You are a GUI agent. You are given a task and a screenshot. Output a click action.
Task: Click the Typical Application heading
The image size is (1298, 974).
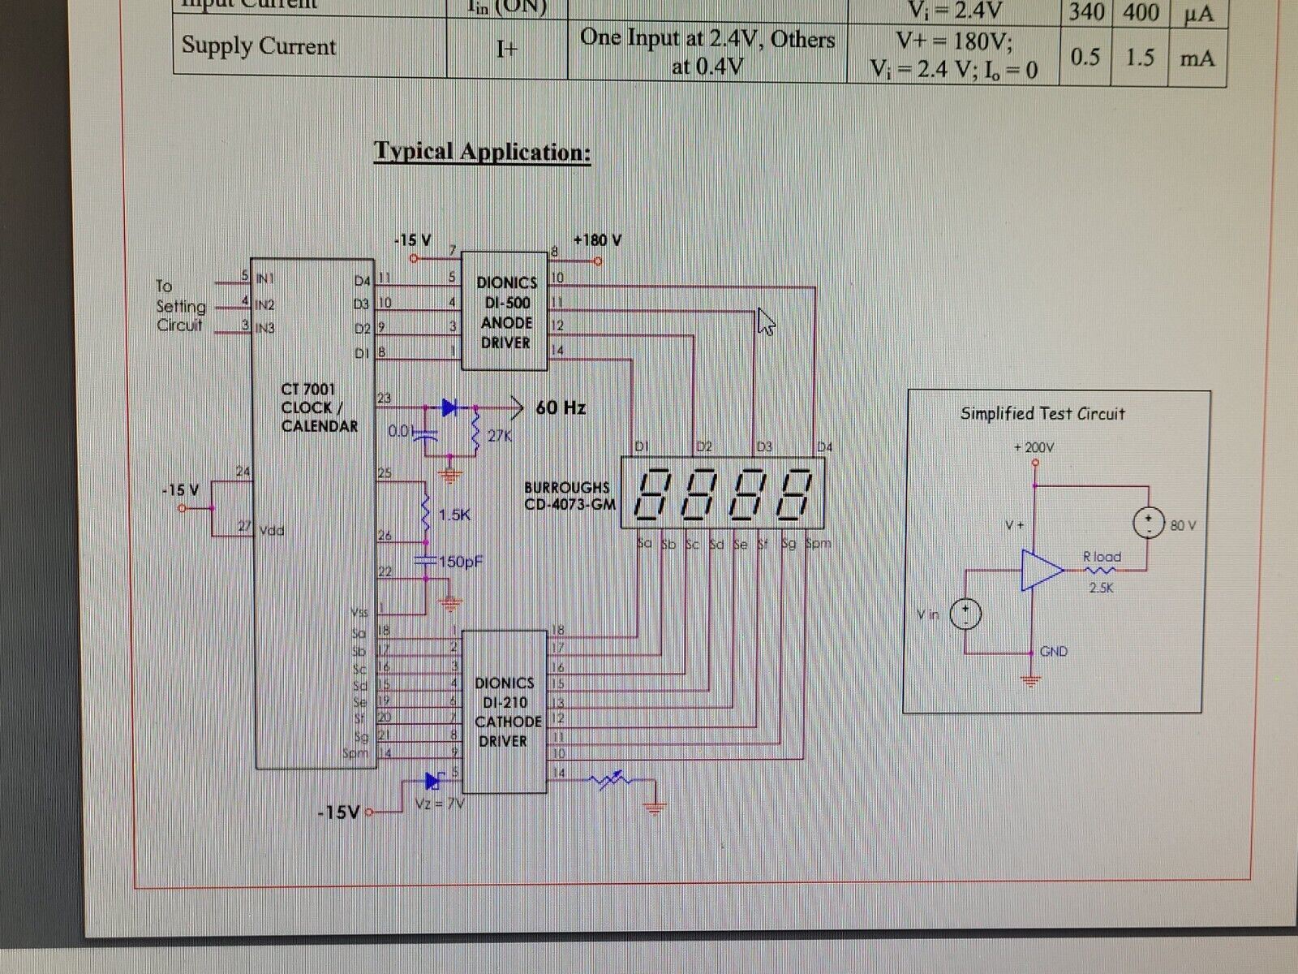[x=482, y=152]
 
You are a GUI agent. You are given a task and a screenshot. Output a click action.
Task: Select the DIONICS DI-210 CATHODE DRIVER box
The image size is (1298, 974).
[x=505, y=712]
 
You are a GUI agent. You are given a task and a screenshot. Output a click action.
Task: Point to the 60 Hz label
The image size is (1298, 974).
[x=561, y=407]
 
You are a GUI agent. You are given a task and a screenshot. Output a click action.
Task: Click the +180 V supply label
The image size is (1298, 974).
[x=597, y=240]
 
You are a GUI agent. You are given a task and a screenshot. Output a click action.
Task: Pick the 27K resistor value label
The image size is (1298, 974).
[x=500, y=437]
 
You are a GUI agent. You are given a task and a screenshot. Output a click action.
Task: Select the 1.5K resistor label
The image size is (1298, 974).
[x=454, y=515]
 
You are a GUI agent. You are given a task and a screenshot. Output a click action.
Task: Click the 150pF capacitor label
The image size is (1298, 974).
[x=461, y=562]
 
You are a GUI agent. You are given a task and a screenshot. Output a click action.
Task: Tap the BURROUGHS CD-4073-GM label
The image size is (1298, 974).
[x=567, y=496]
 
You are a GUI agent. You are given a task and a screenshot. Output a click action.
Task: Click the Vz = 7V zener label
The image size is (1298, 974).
[x=439, y=804]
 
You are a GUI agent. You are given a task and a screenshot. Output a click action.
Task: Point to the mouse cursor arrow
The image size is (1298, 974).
[x=766, y=321]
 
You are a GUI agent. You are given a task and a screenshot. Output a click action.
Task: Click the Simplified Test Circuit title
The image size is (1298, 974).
[x=1042, y=414]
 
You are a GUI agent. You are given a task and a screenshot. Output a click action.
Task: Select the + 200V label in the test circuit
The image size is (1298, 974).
[x=1034, y=448]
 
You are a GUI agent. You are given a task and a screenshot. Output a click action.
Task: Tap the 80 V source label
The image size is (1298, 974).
[x=1183, y=526]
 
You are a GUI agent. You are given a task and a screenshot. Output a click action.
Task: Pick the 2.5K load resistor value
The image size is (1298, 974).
[x=1101, y=588]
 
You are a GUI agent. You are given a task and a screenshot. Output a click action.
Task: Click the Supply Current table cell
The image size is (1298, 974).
[x=258, y=46]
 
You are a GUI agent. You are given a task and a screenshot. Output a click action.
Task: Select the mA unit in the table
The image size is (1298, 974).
[x=1197, y=58]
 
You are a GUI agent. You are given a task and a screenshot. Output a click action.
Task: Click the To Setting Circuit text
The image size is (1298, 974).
[x=180, y=306]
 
